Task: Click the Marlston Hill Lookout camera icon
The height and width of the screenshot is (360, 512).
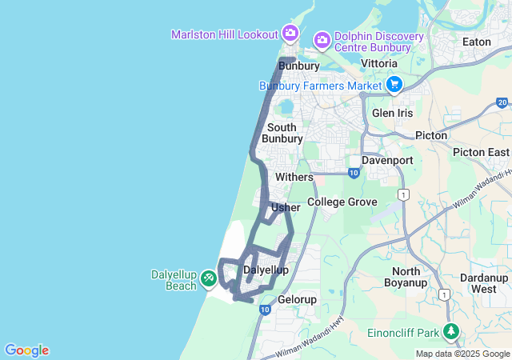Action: [290, 34]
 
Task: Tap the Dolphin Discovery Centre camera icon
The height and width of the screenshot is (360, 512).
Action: [322, 39]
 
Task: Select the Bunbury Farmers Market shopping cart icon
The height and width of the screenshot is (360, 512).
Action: [394, 84]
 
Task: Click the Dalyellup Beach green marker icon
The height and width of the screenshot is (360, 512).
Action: [208, 278]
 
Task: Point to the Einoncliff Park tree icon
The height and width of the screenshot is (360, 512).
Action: [451, 331]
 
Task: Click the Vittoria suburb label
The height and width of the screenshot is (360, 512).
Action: [379, 62]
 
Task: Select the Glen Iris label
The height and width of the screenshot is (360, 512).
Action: [392, 113]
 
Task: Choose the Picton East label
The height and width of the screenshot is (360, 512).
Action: [481, 152]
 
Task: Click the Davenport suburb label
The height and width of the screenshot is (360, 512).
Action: [387, 160]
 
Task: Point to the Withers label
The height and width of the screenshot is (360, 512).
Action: [294, 176]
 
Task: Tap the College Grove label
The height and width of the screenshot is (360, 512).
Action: [342, 202]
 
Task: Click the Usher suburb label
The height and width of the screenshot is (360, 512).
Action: [286, 207]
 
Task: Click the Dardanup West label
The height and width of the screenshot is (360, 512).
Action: [483, 282]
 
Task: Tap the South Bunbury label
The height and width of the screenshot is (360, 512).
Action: [282, 133]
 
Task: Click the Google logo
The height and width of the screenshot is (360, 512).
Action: [26, 350]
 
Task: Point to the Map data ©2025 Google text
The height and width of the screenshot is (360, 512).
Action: [462, 354]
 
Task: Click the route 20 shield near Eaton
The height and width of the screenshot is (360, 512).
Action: [502, 102]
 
